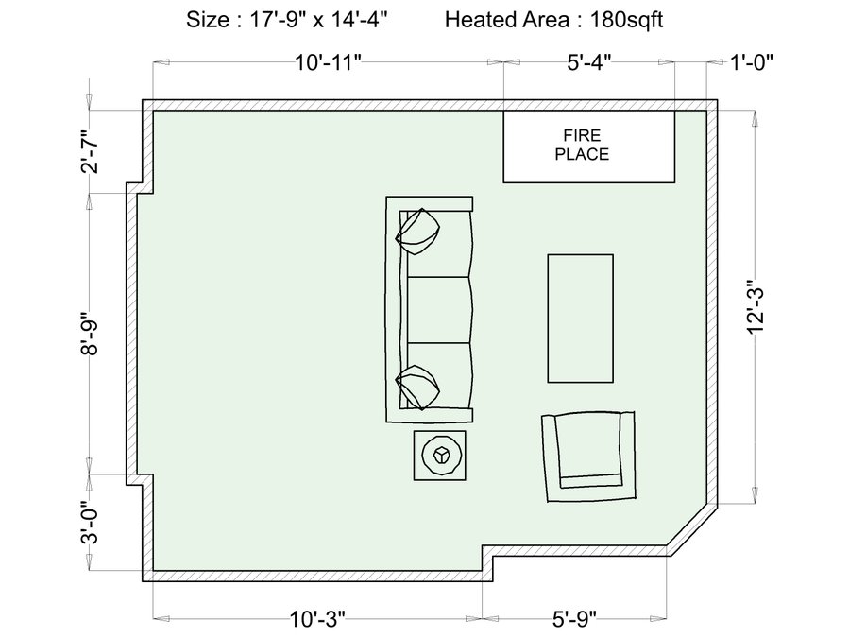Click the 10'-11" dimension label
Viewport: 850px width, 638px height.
coord(328,62)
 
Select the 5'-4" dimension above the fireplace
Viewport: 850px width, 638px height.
coord(589,62)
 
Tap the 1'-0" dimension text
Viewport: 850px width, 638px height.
coord(752,62)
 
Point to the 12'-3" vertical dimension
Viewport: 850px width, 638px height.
coord(755,307)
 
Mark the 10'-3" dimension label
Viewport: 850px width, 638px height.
coord(317,618)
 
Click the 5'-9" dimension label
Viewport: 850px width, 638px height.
coord(574,618)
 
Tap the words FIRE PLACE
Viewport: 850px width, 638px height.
coord(582,145)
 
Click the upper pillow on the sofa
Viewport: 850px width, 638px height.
coord(417,232)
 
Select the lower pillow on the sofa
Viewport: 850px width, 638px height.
coord(417,387)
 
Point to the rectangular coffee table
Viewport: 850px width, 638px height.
coord(581,319)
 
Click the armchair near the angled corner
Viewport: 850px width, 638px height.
coord(588,457)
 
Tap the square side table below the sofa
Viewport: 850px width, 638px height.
coord(439,456)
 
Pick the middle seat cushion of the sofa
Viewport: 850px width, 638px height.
coord(438,310)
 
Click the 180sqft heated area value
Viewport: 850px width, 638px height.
coord(626,20)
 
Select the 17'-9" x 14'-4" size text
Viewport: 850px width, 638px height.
coord(318,20)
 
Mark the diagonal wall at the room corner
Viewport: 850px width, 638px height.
coord(692,530)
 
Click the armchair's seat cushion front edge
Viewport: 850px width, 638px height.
coord(590,481)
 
